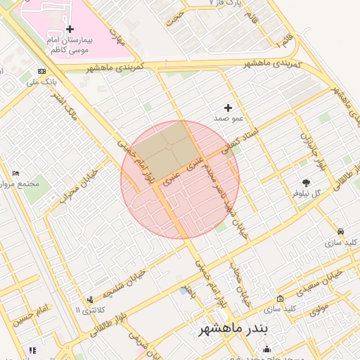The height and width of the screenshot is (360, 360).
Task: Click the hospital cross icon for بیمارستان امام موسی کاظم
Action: point(70,30)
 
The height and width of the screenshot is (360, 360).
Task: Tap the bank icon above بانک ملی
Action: point(43,72)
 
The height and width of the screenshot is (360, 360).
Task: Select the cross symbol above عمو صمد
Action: point(227,108)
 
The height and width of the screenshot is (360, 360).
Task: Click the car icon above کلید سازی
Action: point(340,231)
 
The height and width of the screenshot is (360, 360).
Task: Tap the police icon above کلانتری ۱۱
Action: point(89,300)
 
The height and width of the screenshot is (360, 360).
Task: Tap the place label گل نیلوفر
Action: point(307,193)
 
